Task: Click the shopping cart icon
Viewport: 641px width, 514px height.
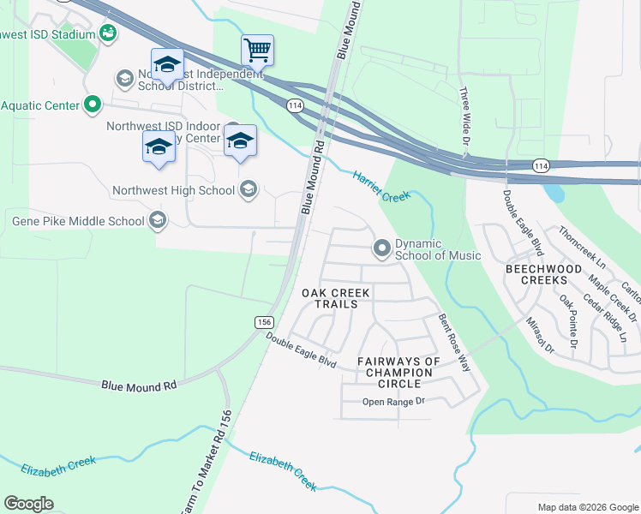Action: click(x=257, y=51)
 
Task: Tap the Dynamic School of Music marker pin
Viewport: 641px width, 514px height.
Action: click(x=381, y=248)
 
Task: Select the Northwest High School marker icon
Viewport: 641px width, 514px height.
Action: click(x=249, y=189)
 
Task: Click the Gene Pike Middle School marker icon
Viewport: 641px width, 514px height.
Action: click(x=157, y=221)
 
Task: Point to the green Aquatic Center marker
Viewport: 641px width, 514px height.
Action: click(x=93, y=105)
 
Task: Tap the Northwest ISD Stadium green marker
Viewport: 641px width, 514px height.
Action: click(x=108, y=33)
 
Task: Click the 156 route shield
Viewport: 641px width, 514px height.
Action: click(x=263, y=321)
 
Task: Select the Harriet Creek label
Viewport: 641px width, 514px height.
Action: click(x=381, y=187)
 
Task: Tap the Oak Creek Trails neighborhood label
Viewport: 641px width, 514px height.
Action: click(x=336, y=298)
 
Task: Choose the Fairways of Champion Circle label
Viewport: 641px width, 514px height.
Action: click(x=398, y=373)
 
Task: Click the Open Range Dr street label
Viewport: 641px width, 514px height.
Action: click(x=393, y=402)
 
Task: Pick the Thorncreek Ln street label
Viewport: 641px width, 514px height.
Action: click(x=581, y=245)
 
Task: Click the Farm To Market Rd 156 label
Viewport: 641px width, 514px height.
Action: click(x=206, y=463)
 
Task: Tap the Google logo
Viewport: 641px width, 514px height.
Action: click(x=29, y=503)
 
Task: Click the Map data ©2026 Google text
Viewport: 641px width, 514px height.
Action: click(x=587, y=507)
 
